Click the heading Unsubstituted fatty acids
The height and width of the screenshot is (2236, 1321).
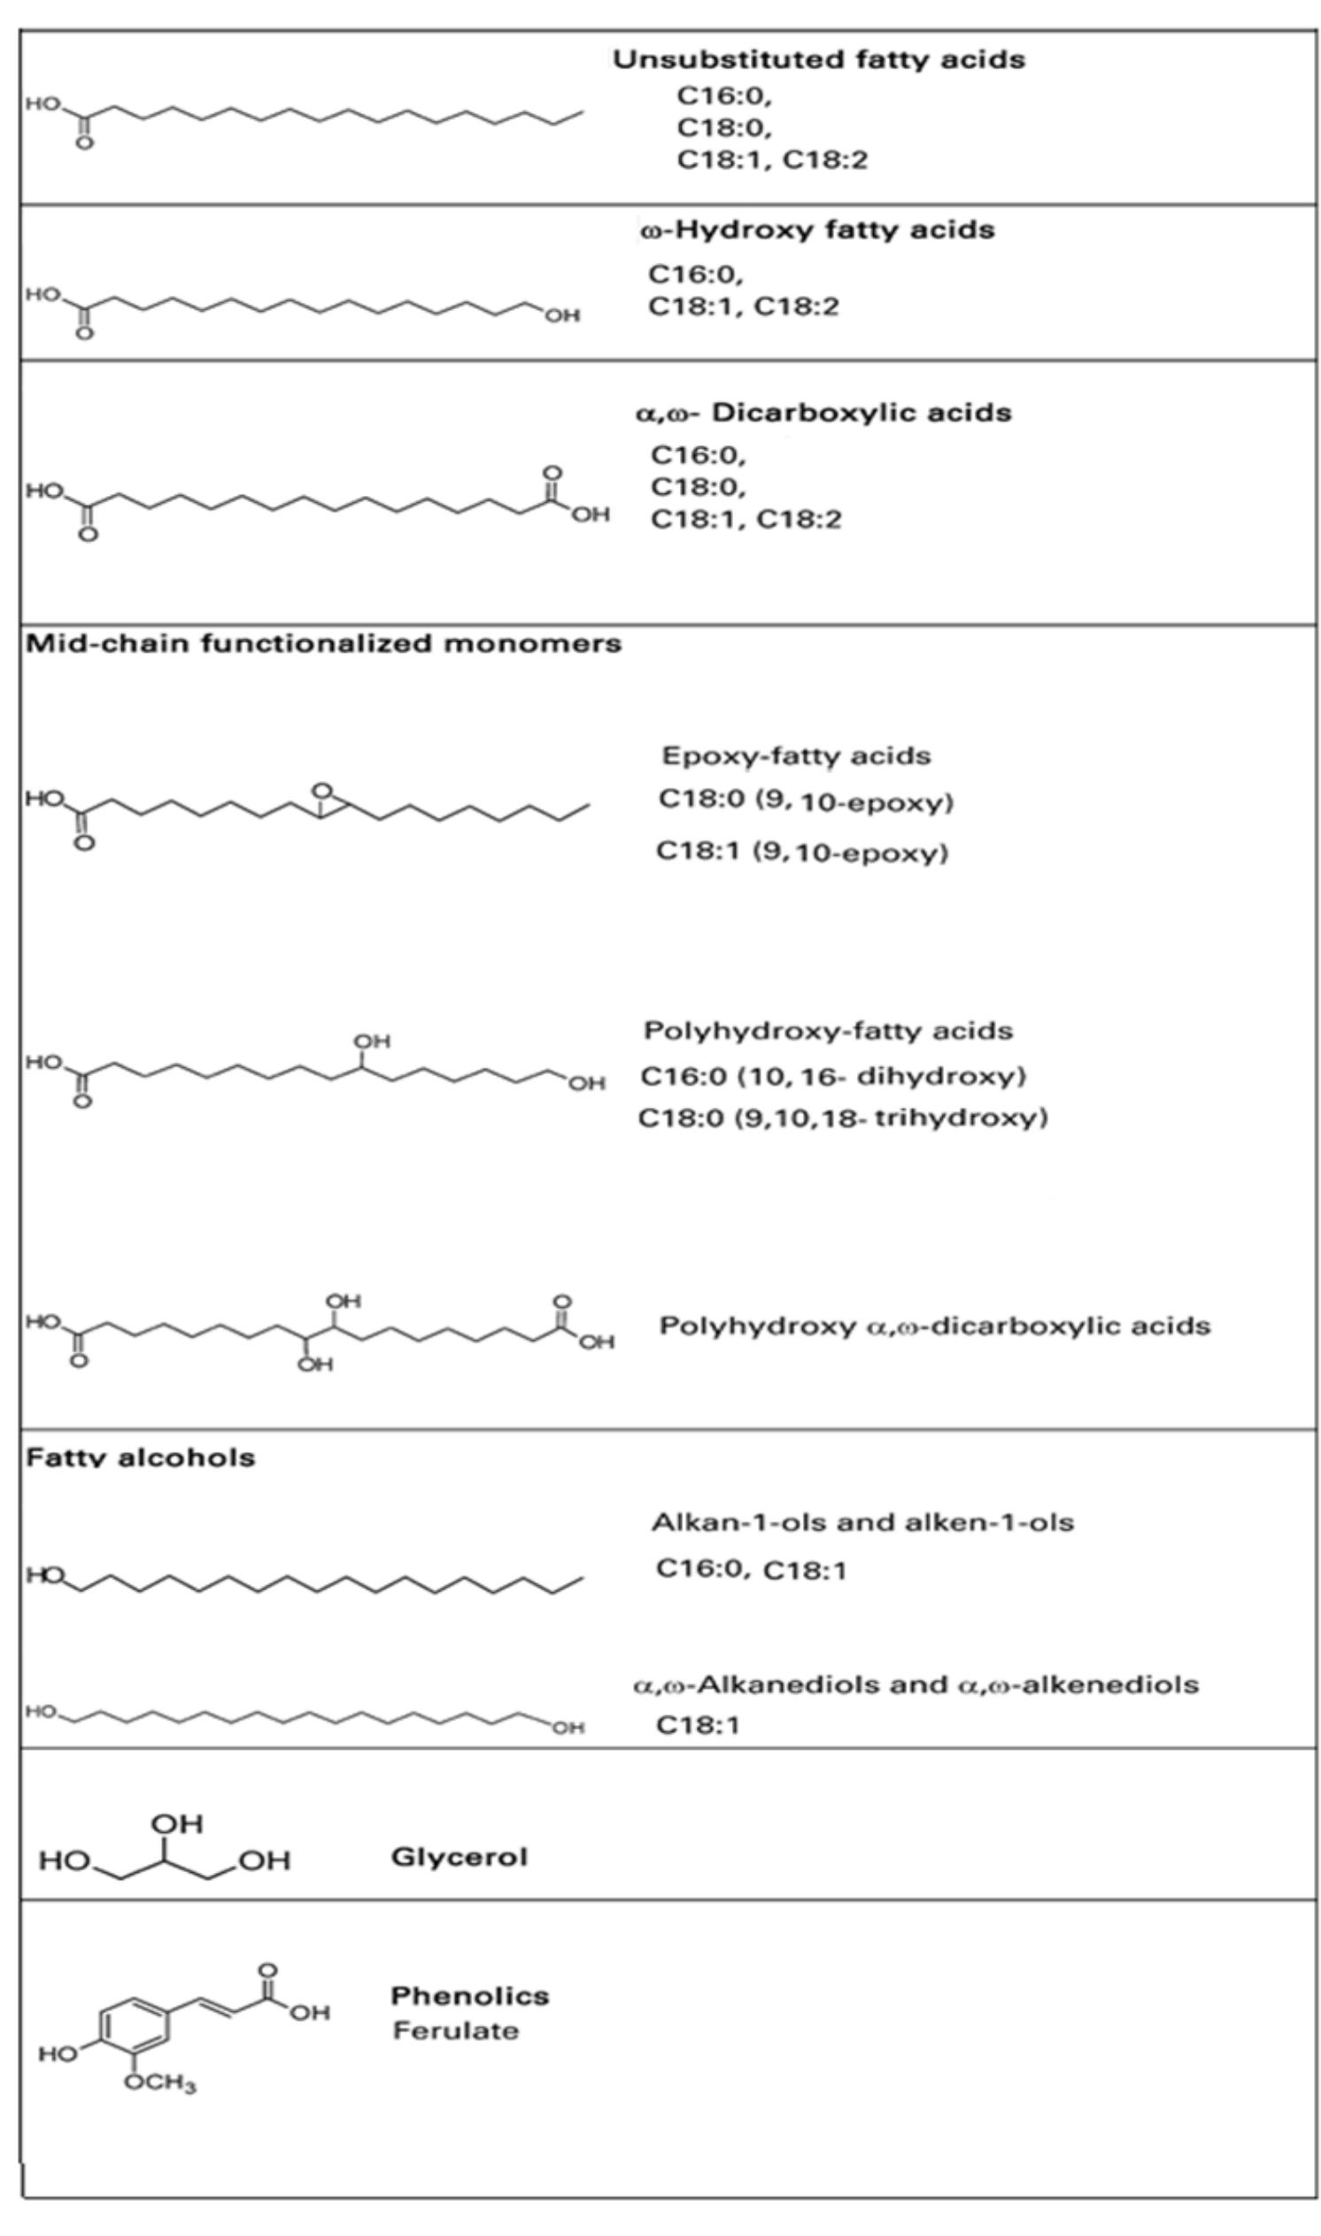click(818, 59)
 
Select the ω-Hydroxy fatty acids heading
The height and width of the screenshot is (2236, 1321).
click(817, 229)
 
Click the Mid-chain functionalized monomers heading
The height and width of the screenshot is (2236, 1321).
click(323, 644)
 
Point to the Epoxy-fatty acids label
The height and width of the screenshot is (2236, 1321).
click(796, 756)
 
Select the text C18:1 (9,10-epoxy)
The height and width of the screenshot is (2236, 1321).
click(802, 853)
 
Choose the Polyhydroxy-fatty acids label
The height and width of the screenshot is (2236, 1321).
click(828, 1031)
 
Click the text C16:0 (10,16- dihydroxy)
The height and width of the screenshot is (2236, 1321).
click(833, 1076)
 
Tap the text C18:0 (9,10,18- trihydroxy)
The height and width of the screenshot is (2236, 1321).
click(843, 1117)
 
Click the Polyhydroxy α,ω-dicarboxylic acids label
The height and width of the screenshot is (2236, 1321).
click(935, 1327)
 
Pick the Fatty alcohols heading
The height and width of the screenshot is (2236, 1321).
click(141, 1457)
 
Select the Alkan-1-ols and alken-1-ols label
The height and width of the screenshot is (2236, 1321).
click(862, 1522)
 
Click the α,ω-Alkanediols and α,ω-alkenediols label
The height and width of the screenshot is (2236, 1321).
click(916, 1684)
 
